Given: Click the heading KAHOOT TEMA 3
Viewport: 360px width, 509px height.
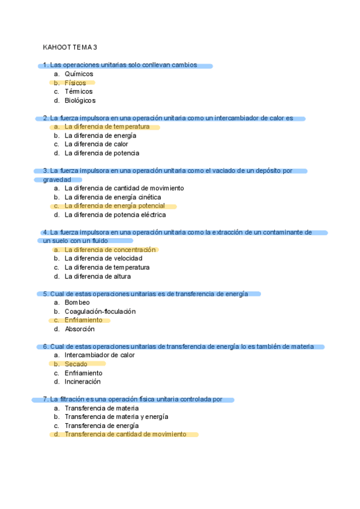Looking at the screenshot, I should [x=70, y=47].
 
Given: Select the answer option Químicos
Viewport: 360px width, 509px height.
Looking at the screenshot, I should [x=79, y=74].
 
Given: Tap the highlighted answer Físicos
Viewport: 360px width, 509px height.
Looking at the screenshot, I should [x=75, y=83].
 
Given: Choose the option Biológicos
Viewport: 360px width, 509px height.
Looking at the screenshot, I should [x=80, y=101].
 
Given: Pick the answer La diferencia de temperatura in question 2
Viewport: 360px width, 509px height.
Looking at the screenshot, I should [x=107, y=127].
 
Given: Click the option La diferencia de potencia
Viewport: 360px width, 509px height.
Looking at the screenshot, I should [x=101, y=153].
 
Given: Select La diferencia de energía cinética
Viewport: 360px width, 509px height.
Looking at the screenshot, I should [x=113, y=197].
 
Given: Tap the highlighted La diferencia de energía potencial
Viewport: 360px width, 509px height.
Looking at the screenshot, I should [x=115, y=206].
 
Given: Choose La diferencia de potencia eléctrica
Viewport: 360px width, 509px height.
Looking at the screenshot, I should [x=115, y=215].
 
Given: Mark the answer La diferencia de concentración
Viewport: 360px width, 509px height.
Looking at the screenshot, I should [x=110, y=250].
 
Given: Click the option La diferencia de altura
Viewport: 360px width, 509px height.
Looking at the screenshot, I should [x=97, y=277].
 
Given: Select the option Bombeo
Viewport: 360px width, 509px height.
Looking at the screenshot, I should [x=77, y=303].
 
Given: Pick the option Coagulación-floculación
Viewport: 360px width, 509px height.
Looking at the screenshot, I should [x=100, y=312].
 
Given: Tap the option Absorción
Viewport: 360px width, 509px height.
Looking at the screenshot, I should [x=79, y=329].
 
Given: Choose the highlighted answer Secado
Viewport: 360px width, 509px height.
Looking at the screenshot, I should [x=76, y=364].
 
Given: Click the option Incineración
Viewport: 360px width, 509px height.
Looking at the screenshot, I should [x=82, y=382].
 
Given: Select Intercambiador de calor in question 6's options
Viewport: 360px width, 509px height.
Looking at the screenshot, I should [x=100, y=355].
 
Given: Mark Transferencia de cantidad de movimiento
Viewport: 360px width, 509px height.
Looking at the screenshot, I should [x=125, y=434].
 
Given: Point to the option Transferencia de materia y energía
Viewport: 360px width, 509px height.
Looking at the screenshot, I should [x=116, y=417].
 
